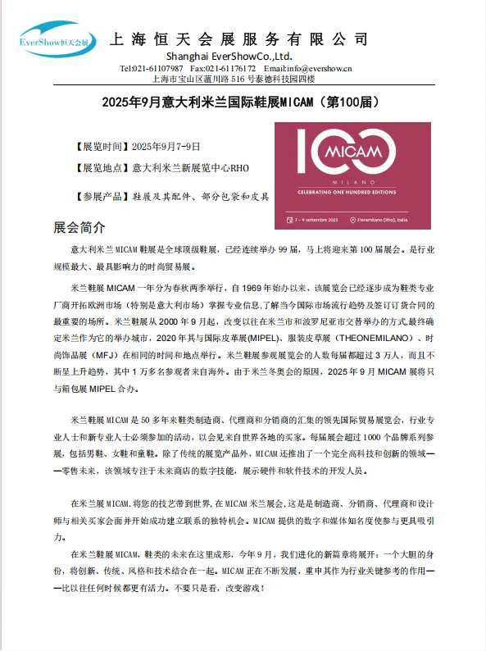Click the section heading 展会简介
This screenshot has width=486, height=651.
[x=79, y=226]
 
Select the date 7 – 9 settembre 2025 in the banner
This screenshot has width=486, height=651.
[x=318, y=221]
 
